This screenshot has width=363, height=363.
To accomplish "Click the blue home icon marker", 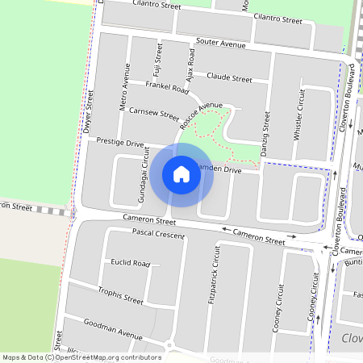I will [181, 174].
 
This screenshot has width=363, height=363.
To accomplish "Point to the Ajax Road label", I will [190, 67].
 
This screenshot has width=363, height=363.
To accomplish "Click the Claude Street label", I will [229, 77].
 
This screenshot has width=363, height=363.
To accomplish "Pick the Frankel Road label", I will [167, 87].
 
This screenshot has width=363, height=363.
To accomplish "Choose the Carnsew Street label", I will [153, 114].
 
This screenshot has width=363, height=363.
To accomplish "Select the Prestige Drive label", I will [119, 142].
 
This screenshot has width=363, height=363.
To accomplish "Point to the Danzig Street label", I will [265, 134].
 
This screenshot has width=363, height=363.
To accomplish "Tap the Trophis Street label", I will [120, 295].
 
